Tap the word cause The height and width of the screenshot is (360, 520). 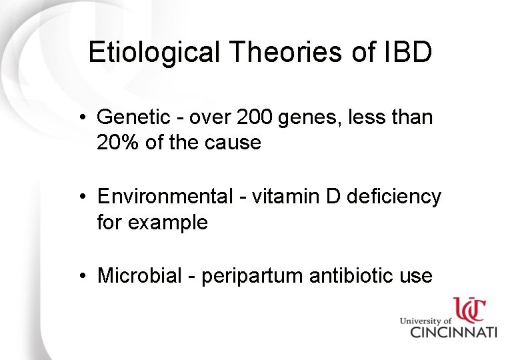[233, 143]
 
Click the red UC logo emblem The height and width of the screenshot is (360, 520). [471, 310]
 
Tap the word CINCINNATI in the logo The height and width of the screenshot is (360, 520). [453, 332]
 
